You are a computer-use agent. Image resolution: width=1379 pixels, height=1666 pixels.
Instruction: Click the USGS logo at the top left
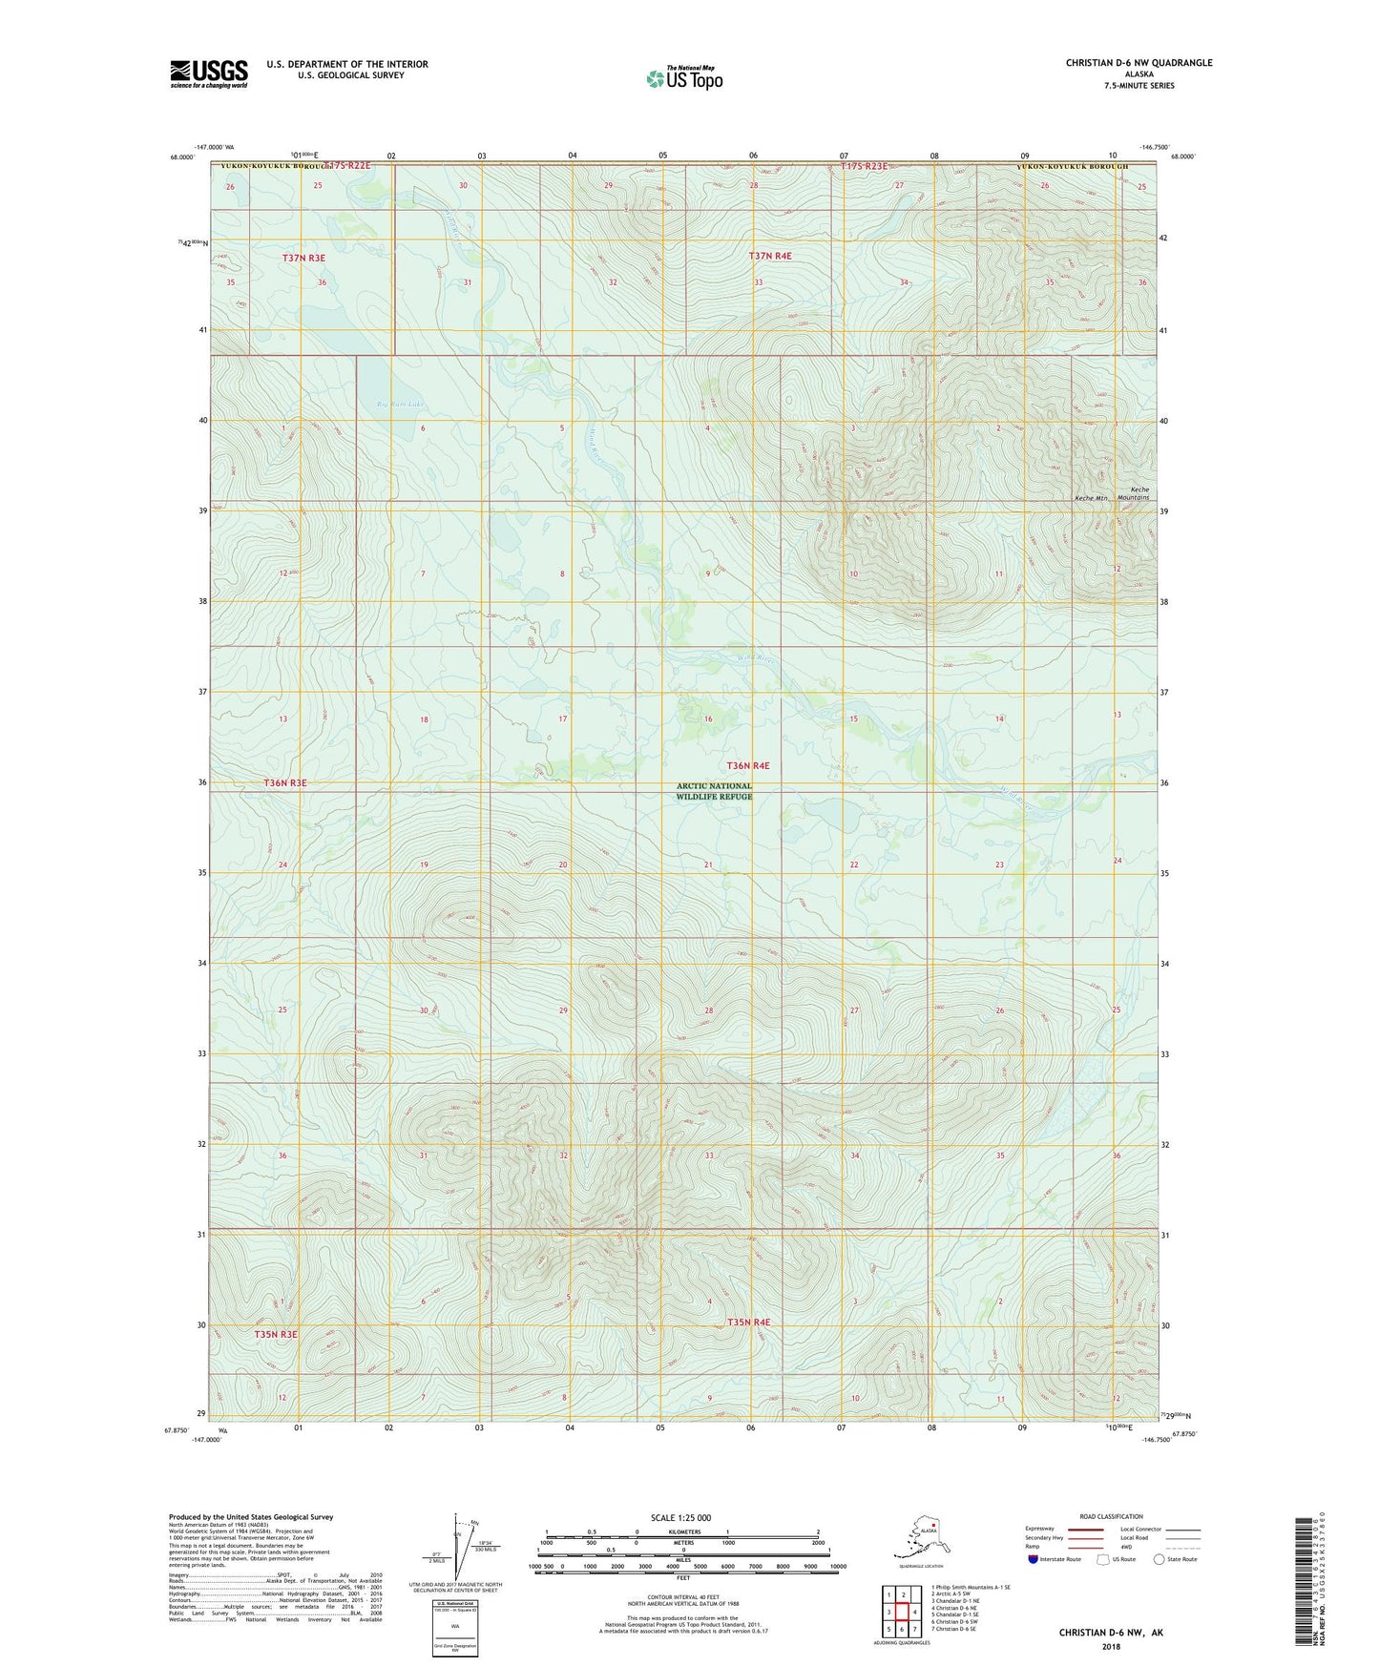208,73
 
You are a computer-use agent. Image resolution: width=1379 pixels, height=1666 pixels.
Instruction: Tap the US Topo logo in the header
683,78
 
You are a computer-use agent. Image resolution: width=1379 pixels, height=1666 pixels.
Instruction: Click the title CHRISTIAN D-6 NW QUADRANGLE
1139,63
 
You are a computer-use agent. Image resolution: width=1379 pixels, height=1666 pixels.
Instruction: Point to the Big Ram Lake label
399,405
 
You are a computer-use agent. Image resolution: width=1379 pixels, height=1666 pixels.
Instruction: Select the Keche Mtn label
1091,498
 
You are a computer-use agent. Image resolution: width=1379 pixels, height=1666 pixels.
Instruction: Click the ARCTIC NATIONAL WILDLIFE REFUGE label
714,791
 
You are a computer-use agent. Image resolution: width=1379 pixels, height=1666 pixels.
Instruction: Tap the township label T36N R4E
747,765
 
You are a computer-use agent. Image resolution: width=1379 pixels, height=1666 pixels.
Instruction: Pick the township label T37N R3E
303,258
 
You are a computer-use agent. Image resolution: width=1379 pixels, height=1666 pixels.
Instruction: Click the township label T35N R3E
276,1334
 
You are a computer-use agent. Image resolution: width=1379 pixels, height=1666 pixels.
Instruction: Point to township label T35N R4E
747,1322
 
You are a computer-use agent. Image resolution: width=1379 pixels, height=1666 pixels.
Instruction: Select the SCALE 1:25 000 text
680,1517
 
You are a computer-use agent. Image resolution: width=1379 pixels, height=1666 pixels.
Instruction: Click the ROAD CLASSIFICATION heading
1111,1516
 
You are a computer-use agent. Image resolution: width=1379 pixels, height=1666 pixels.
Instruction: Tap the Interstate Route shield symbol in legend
1033,1559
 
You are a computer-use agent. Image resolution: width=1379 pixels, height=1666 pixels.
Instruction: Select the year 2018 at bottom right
1110,1646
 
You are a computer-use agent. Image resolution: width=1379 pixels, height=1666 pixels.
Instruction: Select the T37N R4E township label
769,256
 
